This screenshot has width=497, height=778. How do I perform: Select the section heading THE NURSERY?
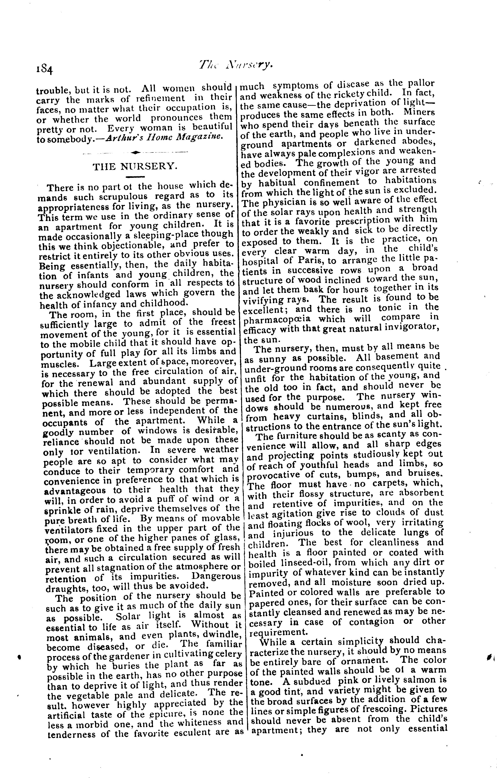pos(135,167)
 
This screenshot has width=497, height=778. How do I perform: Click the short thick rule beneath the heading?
pos(135,177)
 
